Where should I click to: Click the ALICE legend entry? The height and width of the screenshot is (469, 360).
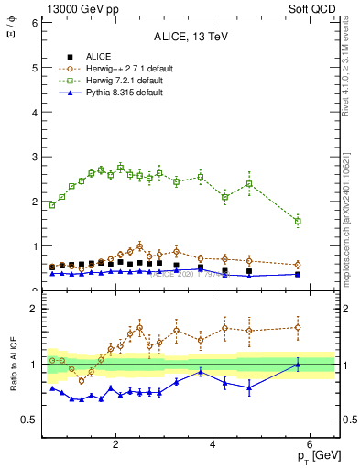(94, 57)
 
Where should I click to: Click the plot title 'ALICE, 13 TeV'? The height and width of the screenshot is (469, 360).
(191, 38)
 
